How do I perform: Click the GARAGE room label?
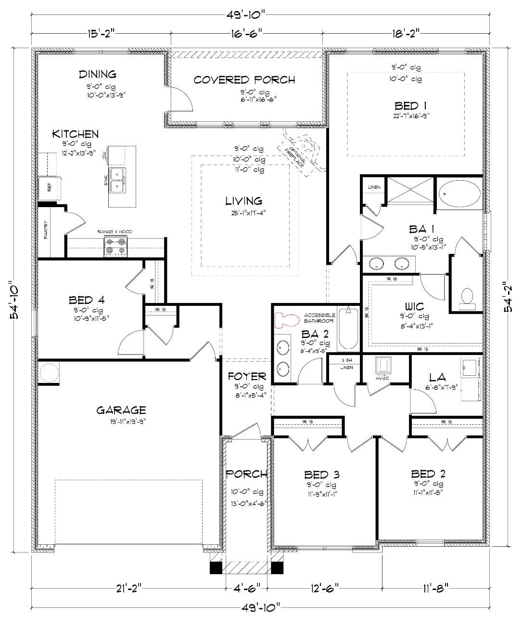point(121,410)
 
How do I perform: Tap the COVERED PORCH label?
point(244,80)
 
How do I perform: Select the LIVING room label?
point(244,201)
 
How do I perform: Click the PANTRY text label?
point(46,232)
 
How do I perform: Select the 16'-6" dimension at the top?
point(245,34)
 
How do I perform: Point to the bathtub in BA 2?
point(348,329)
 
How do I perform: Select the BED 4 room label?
point(87,301)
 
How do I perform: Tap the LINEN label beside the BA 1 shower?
point(374,187)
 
